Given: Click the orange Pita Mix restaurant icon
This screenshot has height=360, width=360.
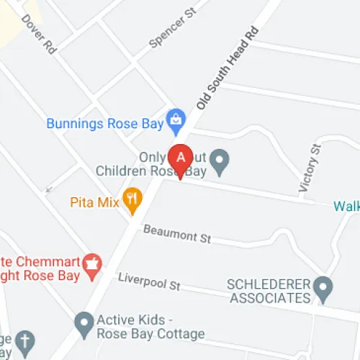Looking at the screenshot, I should [132, 201].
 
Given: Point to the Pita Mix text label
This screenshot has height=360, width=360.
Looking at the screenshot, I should [94, 202].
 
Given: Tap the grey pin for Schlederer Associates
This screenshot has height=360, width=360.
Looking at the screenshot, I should [325, 289].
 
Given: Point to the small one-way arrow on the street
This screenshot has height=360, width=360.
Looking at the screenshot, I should [50, 188].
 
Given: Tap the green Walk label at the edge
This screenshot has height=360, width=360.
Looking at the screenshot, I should [346, 207].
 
